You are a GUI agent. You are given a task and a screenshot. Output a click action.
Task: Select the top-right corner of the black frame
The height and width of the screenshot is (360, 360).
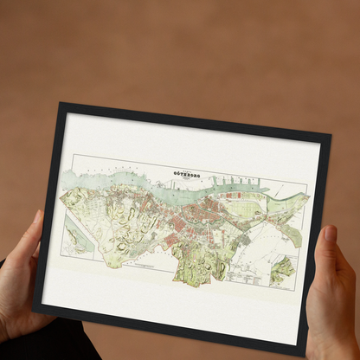(x=331, y=135)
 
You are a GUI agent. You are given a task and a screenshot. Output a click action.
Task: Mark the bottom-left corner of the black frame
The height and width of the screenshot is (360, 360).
(x=34, y=305)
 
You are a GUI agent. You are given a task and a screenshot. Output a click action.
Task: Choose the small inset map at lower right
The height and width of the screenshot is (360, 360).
(x=282, y=269)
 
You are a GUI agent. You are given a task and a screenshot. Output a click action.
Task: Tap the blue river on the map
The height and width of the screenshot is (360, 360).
(x=130, y=183)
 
